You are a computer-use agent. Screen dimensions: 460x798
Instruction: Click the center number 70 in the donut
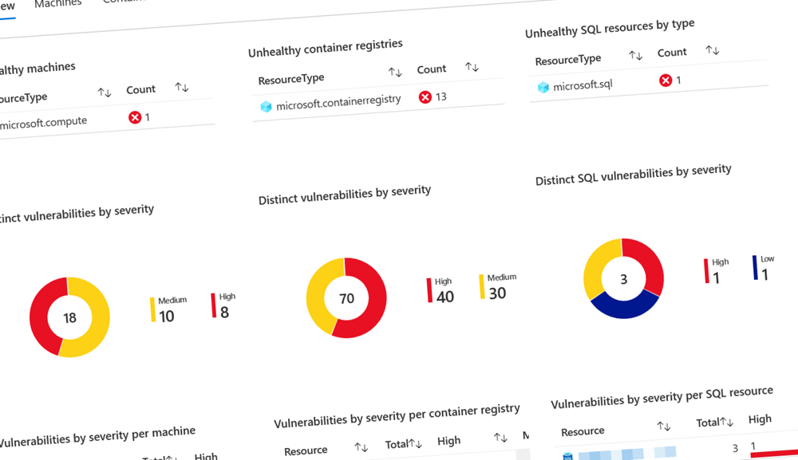click(x=346, y=298)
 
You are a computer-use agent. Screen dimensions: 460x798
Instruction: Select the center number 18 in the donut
click(x=69, y=318)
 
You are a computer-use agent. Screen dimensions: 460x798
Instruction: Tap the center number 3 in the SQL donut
click(x=623, y=279)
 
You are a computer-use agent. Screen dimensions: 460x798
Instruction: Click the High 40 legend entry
click(x=441, y=292)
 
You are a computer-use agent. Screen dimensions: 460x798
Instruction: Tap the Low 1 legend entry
click(x=763, y=269)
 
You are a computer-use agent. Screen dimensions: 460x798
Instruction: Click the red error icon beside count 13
click(x=425, y=97)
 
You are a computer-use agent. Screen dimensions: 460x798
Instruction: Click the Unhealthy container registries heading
click(x=325, y=49)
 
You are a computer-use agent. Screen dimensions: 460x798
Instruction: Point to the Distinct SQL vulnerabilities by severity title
click(x=633, y=175)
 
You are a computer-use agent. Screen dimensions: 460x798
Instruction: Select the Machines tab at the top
click(x=57, y=3)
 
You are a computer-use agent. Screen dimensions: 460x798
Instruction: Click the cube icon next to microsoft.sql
click(x=543, y=87)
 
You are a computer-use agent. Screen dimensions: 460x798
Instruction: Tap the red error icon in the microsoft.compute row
click(x=135, y=118)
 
